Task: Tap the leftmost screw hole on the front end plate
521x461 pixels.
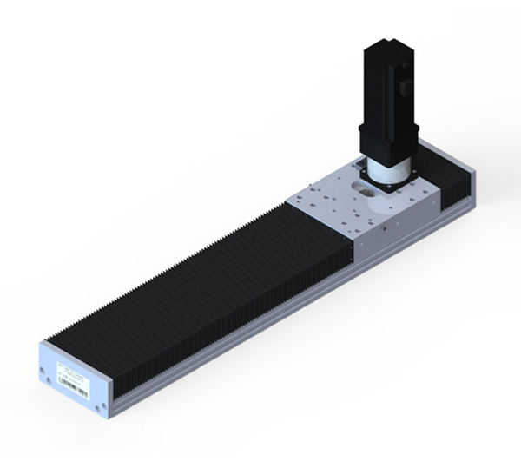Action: [x=43, y=373]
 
